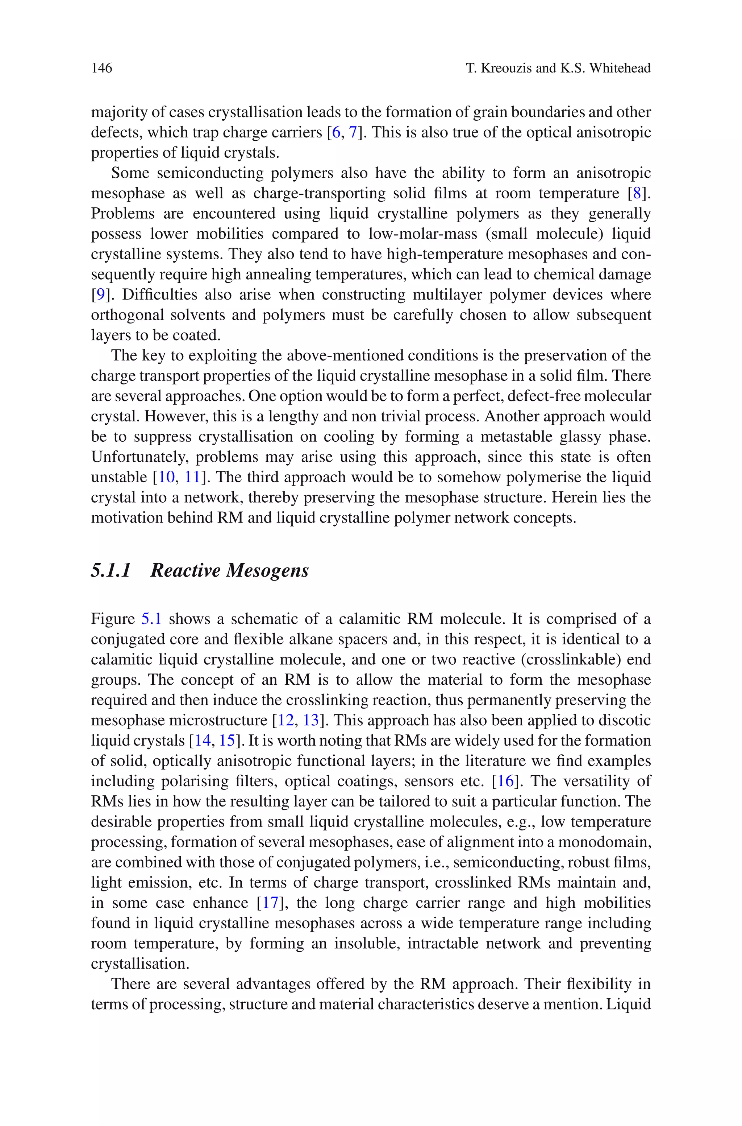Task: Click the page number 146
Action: pos(102,68)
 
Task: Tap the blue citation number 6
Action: pos(336,133)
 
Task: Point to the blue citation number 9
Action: pos(100,294)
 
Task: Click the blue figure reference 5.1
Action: pos(151,619)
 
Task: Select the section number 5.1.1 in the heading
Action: pos(111,570)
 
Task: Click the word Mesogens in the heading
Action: pos(267,570)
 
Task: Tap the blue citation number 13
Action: pos(310,720)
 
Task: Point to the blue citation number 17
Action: pos(270,903)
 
